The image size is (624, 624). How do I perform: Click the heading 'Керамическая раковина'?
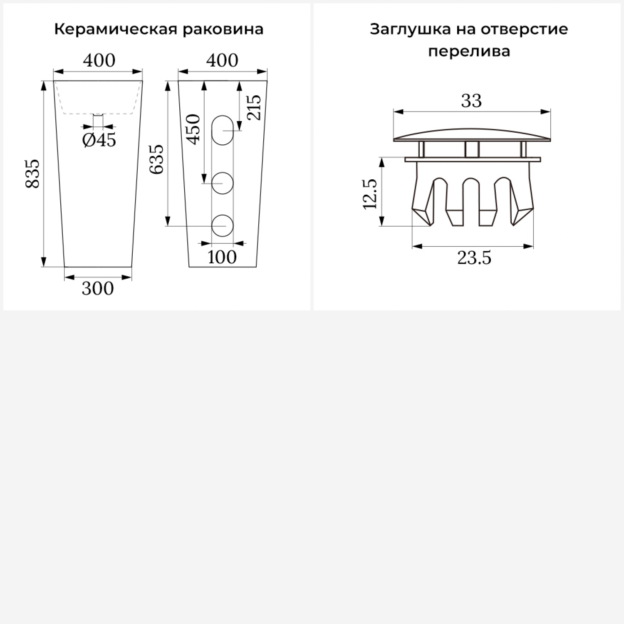pos(158,30)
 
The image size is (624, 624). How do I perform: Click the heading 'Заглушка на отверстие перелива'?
pos(469,40)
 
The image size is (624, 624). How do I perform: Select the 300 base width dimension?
pos(98,288)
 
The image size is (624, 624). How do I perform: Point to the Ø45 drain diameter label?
pos(99,140)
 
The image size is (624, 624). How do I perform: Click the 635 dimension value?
pos(157,159)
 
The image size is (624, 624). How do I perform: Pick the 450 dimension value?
pos(193,129)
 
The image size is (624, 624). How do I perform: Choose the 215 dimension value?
pos(254,108)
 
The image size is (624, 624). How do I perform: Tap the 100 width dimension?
pos(222,257)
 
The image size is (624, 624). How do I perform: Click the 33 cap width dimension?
pos(471,101)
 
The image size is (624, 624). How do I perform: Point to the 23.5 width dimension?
pos(474,258)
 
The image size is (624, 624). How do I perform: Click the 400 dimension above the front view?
pos(99,61)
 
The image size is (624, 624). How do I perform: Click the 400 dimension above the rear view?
pos(222,61)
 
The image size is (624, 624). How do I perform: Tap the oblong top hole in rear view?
pos(222,130)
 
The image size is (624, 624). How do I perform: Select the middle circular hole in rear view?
pos(222,183)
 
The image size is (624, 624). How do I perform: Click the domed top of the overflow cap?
pos(472,134)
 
